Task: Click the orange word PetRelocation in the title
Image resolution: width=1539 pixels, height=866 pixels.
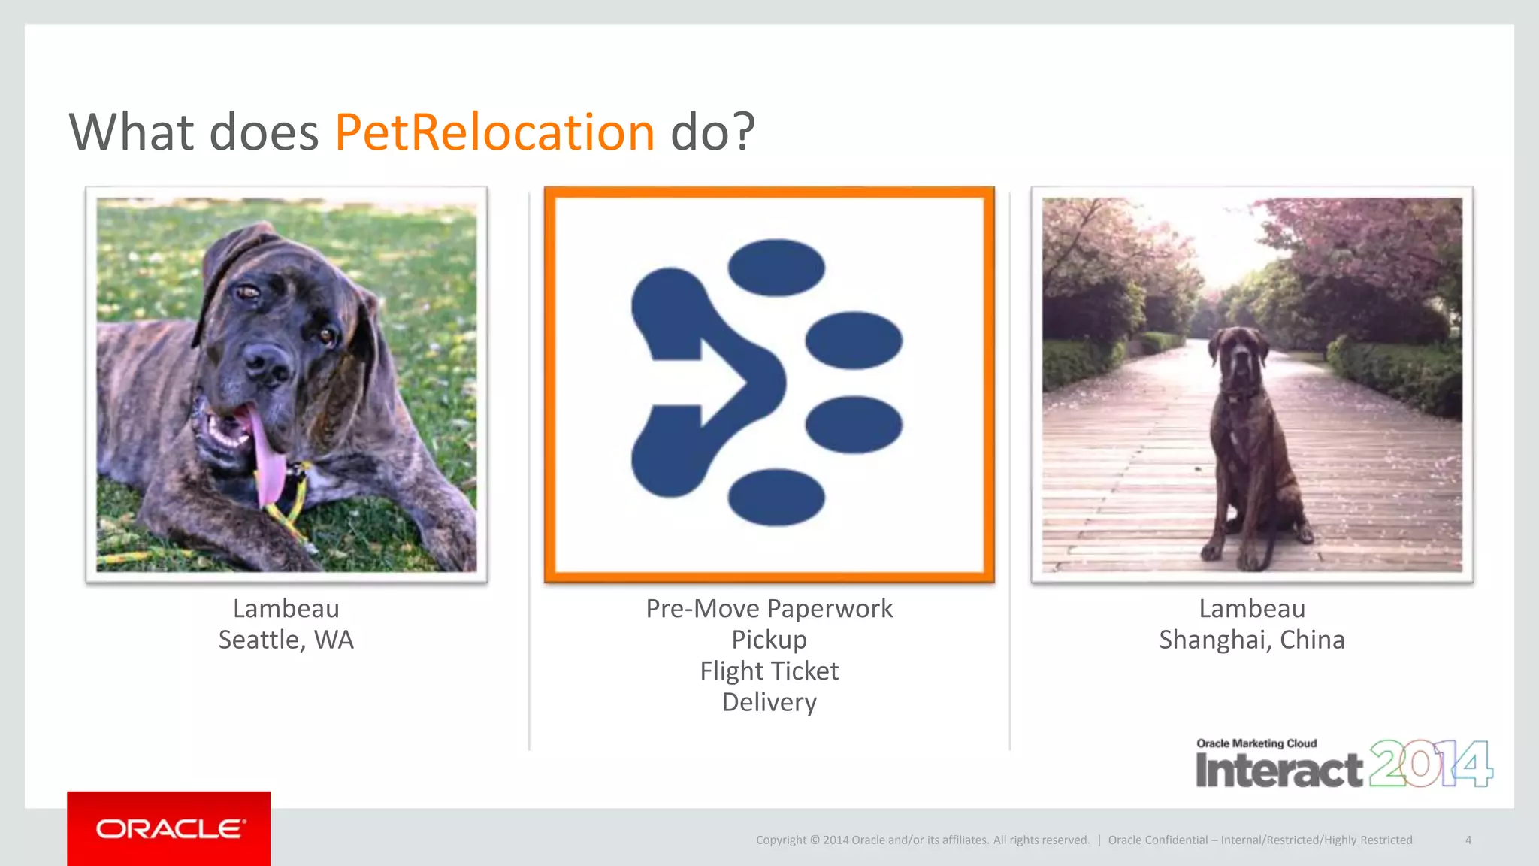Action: tap(494, 132)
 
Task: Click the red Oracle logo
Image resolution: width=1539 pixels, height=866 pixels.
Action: tap(169, 828)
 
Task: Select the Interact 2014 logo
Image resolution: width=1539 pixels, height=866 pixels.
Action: tap(1343, 764)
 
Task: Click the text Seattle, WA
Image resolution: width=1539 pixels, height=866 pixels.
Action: tap(286, 640)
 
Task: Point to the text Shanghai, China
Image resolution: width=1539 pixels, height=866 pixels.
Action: tap(1251, 640)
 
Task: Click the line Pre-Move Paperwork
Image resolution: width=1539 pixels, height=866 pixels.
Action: tap(769, 608)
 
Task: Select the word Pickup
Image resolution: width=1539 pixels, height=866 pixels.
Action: tap(769, 640)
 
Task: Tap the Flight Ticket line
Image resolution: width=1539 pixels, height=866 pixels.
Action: tap(769, 671)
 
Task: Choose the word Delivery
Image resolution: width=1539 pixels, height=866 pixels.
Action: tap(769, 702)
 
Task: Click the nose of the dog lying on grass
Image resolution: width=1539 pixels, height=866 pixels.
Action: tap(268, 362)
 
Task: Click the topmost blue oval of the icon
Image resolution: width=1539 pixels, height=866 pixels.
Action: tap(776, 268)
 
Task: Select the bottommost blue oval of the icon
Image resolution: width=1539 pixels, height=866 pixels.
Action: tap(776, 496)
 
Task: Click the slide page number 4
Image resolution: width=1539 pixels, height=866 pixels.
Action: tap(1468, 840)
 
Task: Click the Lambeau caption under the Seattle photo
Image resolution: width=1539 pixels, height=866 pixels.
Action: tap(286, 608)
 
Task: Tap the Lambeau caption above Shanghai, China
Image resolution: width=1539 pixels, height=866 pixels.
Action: tap(1251, 608)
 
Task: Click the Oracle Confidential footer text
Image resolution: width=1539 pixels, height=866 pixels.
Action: tap(1259, 840)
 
